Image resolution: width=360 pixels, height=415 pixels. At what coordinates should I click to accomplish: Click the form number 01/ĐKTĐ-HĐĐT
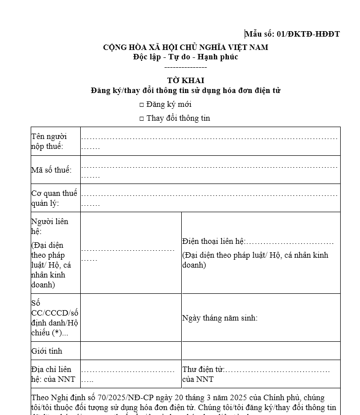point(308,34)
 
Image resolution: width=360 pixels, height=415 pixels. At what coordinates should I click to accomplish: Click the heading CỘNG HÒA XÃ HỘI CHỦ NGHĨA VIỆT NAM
point(185,47)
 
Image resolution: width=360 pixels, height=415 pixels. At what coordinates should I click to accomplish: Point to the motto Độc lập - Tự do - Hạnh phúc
point(185,57)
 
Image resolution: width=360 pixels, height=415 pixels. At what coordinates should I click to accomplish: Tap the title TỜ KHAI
point(185,80)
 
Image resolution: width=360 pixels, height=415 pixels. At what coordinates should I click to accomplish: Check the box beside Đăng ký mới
point(142,105)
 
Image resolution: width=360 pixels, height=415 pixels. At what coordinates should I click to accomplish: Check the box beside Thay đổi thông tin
point(142,119)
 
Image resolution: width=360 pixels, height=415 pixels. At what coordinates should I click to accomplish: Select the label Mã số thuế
point(51,170)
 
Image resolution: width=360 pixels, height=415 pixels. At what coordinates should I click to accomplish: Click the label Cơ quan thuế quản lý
point(54,198)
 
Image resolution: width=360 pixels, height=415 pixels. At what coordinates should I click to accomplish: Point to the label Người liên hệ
point(50,226)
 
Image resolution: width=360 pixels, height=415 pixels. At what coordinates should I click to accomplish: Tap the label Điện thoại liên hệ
point(213,241)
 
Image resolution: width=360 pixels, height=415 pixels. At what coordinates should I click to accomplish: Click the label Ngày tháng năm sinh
point(220,318)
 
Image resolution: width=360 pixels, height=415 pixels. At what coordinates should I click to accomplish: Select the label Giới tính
point(47,351)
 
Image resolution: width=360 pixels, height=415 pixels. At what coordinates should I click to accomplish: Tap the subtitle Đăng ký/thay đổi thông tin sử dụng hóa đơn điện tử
point(185,91)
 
